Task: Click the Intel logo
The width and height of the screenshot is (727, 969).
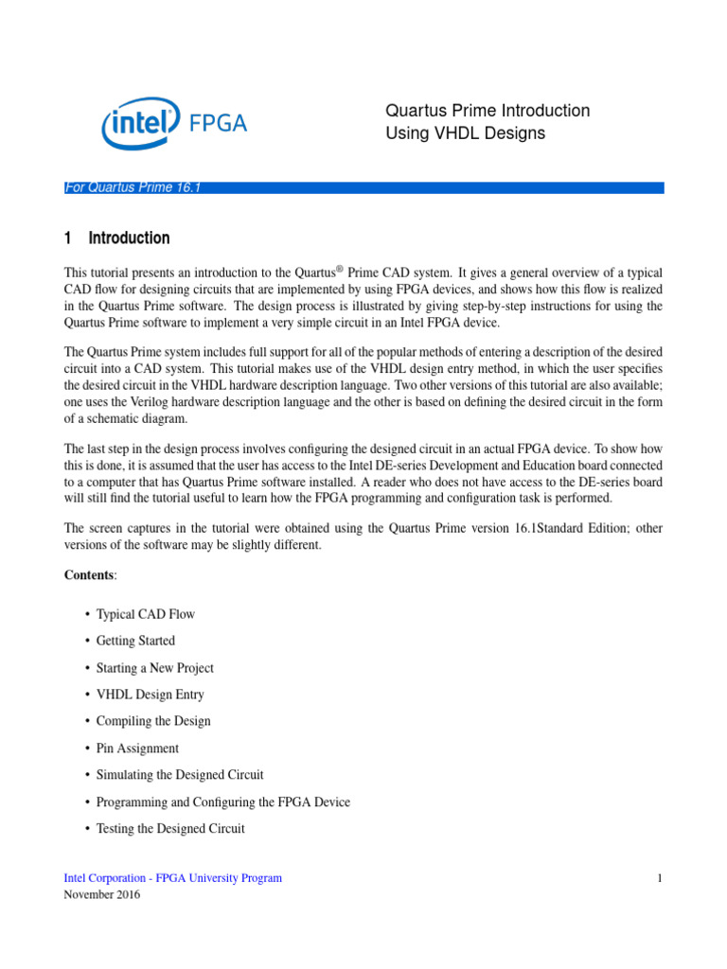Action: (x=140, y=125)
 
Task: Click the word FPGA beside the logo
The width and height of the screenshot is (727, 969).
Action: (x=218, y=123)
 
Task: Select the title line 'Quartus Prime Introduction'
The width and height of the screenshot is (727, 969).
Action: (x=488, y=111)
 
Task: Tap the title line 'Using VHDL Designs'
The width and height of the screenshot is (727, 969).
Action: (x=465, y=133)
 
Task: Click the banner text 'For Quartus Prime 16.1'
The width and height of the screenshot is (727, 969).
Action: (x=132, y=187)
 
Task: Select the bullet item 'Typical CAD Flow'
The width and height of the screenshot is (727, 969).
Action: (x=145, y=614)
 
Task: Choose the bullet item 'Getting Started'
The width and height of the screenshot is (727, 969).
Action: (x=135, y=641)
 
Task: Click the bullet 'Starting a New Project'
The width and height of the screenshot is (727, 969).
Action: (x=155, y=668)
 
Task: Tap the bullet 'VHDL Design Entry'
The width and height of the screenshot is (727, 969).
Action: (x=150, y=695)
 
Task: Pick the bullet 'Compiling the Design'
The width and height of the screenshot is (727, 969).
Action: (x=153, y=721)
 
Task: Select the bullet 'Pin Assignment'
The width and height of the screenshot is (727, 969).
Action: (x=137, y=749)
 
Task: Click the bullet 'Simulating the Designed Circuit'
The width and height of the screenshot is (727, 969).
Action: (x=180, y=775)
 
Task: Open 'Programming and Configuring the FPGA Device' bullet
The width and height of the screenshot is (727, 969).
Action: (x=222, y=802)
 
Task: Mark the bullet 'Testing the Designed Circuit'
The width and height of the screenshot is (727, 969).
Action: (x=170, y=829)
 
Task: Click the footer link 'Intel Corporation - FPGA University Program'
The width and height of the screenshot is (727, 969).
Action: (x=172, y=878)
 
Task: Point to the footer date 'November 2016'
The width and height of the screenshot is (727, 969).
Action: (x=101, y=895)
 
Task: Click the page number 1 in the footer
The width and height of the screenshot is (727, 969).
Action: (x=659, y=878)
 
